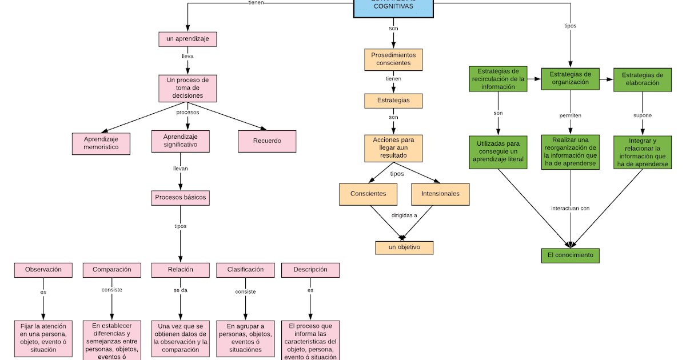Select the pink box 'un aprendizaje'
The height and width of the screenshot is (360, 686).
point(188,39)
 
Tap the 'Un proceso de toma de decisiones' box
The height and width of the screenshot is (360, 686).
point(188,88)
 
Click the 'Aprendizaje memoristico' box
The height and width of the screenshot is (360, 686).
point(101,143)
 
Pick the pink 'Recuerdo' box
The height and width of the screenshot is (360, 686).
point(267,141)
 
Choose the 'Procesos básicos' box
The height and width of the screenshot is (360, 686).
point(181,198)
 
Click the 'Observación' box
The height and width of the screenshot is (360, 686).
point(43,270)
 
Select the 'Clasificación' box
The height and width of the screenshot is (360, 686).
point(245,270)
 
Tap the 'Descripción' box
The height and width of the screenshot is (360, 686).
point(310,270)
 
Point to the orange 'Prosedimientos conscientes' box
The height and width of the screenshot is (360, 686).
point(393,59)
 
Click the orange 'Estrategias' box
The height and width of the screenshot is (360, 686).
point(393,101)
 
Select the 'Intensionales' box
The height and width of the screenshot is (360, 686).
point(440,194)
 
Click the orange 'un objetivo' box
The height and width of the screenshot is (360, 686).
point(404,247)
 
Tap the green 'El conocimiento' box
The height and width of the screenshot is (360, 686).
point(570,255)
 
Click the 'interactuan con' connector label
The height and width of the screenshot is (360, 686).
point(570,209)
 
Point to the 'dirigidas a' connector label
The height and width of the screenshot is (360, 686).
point(404,216)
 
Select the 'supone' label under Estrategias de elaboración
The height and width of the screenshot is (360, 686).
point(643,115)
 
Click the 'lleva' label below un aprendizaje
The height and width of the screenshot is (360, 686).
point(188,57)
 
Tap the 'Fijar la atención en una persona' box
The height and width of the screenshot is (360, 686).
point(43,338)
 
